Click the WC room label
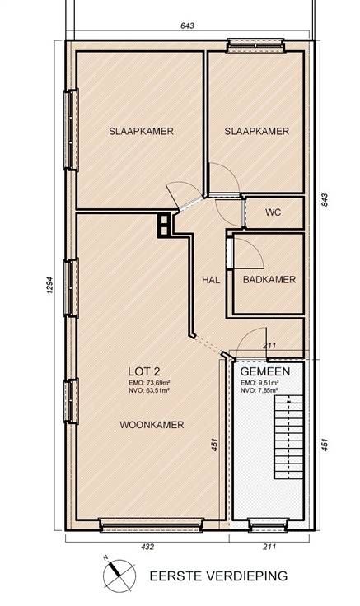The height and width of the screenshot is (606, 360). pyautogui.click(x=273, y=212)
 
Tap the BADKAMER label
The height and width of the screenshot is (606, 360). pyautogui.click(x=269, y=279)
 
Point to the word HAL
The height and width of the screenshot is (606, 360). pyautogui.click(x=211, y=279)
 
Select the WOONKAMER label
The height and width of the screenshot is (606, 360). pyautogui.click(x=152, y=425)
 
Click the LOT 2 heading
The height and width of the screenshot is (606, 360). pyautogui.click(x=144, y=372)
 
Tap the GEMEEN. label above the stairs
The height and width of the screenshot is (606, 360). pyautogui.click(x=267, y=372)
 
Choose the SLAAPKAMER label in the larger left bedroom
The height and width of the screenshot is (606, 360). pyautogui.click(x=141, y=131)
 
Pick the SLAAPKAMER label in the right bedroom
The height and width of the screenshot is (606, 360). pyautogui.click(x=257, y=132)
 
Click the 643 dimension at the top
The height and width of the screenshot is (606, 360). pyautogui.click(x=187, y=26)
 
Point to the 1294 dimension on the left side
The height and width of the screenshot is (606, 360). pyautogui.click(x=50, y=285)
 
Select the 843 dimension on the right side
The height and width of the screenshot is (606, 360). pyautogui.click(x=325, y=199)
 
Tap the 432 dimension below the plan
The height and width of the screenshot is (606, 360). pyautogui.click(x=147, y=547)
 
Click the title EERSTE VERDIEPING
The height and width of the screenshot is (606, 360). pyautogui.click(x=218, y=576)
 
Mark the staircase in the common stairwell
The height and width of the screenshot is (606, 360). pyautogui.click(x=289, y=437)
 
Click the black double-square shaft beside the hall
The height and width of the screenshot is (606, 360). pyautogui.click(x=164, y=225)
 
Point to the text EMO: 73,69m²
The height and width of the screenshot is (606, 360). pyautogui.click(x=150, y=383)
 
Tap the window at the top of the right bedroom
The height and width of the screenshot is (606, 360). pyautogui.click(x=255, y=45)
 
